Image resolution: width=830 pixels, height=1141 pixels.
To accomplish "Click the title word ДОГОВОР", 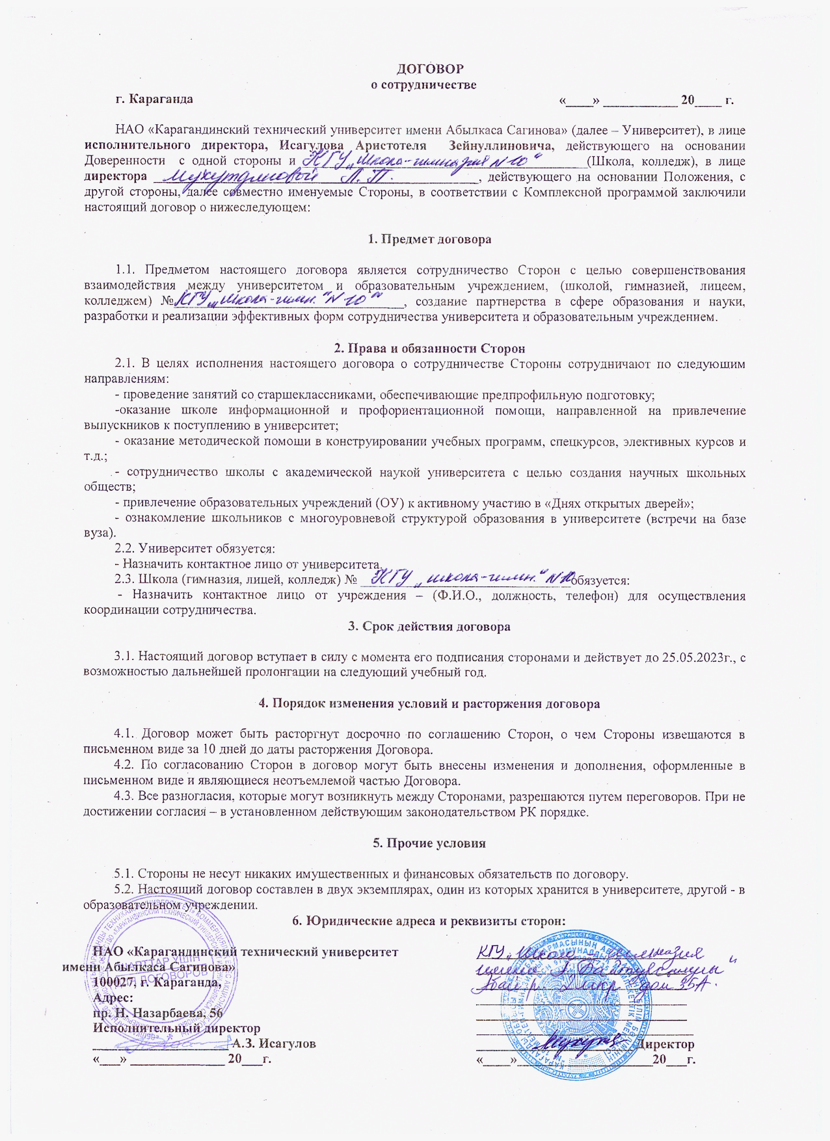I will [430, 69].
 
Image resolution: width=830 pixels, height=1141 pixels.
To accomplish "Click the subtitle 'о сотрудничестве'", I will [423, 85].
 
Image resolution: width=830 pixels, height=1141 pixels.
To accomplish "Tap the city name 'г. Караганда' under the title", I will [154, 99].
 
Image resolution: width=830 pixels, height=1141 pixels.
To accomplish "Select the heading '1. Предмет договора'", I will [429, 239].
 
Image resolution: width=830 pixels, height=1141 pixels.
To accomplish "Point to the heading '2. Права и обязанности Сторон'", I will [429, 348].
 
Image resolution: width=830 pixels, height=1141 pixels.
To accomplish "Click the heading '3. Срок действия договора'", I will [429, 627].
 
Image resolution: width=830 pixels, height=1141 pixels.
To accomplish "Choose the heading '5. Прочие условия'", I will [429, 843].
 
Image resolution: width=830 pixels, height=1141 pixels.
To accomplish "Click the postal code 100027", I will [113, 982].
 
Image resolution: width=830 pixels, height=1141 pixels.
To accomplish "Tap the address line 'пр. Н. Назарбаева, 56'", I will [157, 1013].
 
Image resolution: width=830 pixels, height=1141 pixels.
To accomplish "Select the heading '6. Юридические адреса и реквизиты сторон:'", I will [429, 921].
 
